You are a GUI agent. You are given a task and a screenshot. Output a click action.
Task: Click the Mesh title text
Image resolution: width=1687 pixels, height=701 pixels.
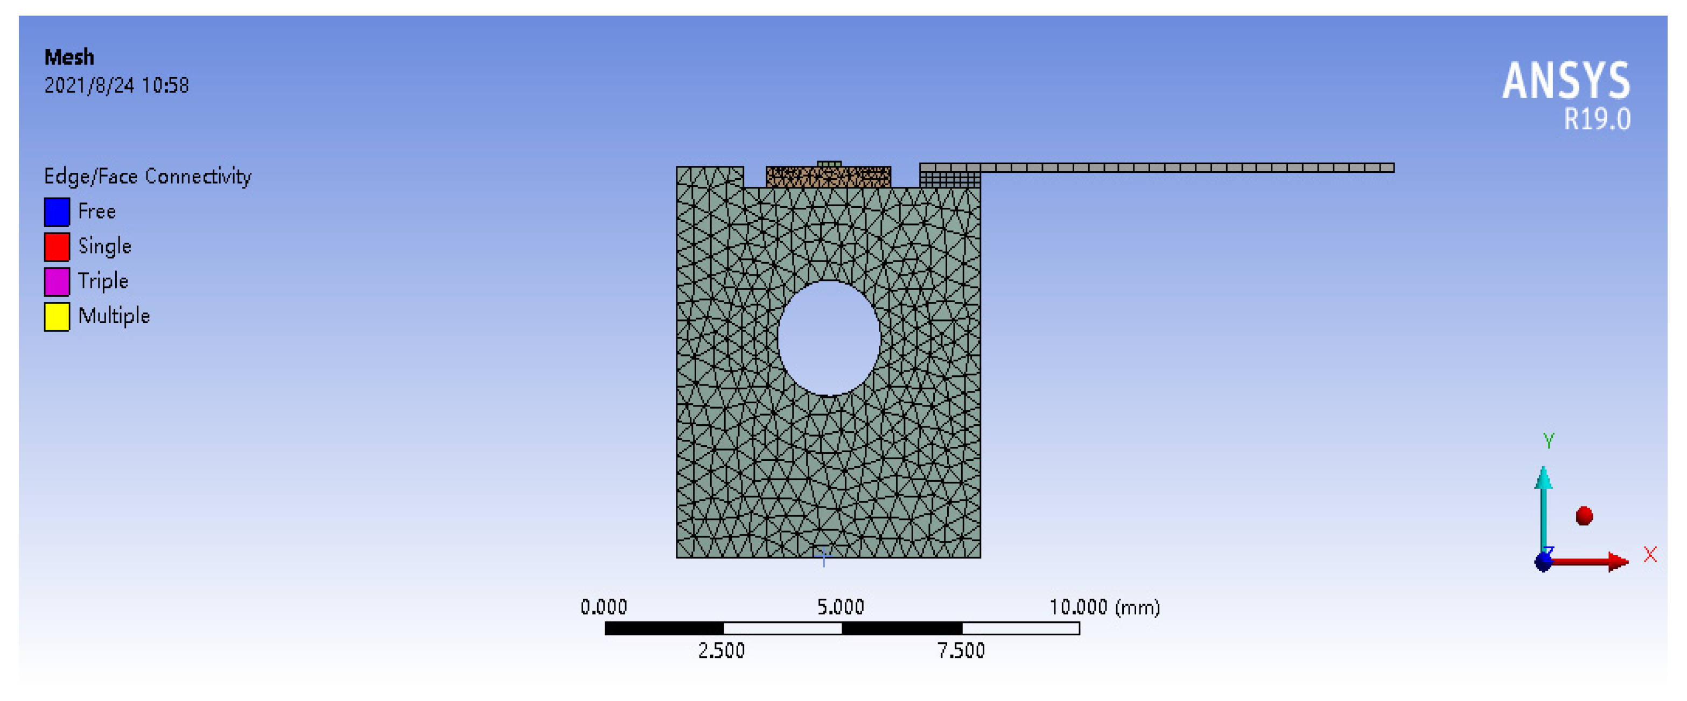coord(69,58)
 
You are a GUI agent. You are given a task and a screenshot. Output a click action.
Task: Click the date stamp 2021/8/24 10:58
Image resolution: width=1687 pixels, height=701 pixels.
coord(116,85)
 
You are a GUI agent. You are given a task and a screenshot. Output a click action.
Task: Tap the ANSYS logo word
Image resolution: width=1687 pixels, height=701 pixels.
coord(1565,81)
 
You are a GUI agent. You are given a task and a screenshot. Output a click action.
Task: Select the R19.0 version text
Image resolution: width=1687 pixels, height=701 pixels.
coord(1597,120)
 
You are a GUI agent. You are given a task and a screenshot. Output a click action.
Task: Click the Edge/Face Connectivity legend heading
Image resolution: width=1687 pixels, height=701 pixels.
coord(148,176)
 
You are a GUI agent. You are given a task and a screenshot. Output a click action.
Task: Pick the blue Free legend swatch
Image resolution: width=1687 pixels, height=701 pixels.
coord(57,212)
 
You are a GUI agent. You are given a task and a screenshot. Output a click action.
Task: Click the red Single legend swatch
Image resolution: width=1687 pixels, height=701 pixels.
coord(57,247)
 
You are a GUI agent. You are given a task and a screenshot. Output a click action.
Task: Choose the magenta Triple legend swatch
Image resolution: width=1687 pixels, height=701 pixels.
coord(57,282)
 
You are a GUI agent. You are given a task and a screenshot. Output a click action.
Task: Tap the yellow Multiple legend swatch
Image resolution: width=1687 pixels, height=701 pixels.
coord(57,317)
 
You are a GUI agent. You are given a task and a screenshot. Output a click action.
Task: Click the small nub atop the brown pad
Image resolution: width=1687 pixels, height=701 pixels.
coord(829,164)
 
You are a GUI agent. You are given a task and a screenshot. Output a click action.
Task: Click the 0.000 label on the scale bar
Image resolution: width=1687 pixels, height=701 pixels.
coord(603,607)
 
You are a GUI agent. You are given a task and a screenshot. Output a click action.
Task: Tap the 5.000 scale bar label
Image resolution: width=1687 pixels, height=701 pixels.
coord(840,607)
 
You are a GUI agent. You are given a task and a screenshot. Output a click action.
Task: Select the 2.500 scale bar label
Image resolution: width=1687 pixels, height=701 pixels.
coord(721,650)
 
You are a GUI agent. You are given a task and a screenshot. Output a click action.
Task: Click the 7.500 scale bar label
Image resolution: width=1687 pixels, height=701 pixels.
coord(961,650)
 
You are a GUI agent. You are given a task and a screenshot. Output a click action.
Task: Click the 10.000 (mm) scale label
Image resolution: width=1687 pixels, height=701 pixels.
coord(1104,607)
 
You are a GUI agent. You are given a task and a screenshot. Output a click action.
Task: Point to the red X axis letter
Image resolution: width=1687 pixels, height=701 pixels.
coord(1650,555)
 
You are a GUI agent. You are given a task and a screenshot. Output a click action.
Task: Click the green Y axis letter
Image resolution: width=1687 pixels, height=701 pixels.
coord(1548,440)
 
